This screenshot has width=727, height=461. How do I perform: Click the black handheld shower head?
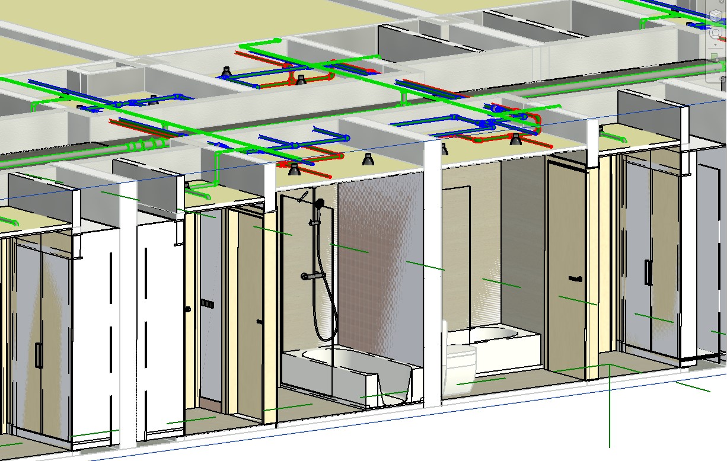[320, 204]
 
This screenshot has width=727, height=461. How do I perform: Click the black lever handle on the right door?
[575, 278]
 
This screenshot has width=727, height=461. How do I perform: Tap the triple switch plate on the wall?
[206, 303]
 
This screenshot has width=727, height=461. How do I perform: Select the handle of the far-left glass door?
[38, 356]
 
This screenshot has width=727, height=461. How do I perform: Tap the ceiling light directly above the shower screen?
[294, 169]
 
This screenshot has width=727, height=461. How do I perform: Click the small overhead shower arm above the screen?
[304, 195]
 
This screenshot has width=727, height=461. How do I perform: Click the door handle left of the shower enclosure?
[259, 321]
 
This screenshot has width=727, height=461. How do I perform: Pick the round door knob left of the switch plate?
[188, 309]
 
